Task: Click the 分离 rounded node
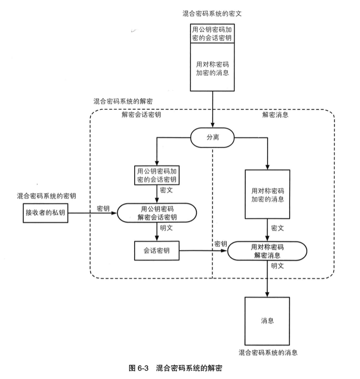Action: [x=212, y=137]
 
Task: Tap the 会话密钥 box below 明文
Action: [x=156, y=250]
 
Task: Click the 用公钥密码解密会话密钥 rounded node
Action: [x=156, y=213]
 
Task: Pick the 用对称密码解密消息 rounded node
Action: [x=267, y=251]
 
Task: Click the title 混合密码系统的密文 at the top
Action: [x=212, y=12]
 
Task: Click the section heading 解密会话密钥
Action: [x=141, y=115]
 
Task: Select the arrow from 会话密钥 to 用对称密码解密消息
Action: [x=202, y=250]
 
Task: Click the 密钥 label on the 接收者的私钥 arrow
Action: [x=103, y=208]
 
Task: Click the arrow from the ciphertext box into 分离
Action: [x=212, y=109]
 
